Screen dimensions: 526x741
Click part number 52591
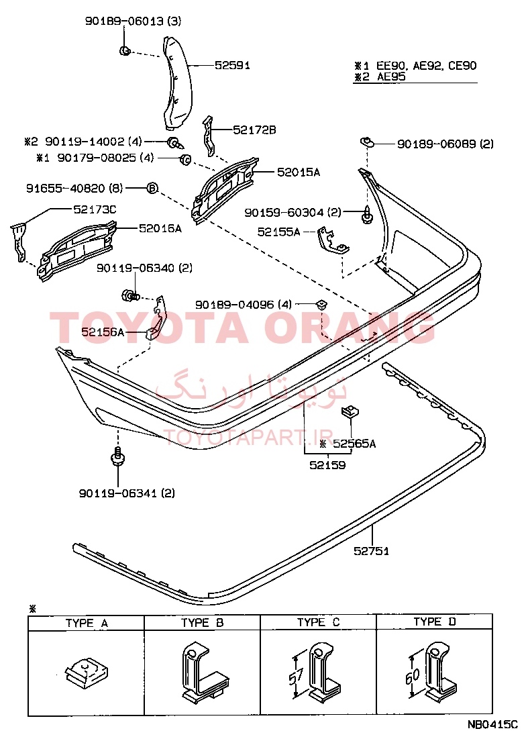coord(232,65)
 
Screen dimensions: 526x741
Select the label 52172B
coord(254,130)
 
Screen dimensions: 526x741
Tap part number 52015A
coord(299,172)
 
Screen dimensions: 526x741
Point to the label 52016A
coord(160,228)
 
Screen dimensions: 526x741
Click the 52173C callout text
coord(95,209)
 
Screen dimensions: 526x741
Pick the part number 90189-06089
coord(437,144)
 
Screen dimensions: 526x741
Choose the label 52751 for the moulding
coord(372,550)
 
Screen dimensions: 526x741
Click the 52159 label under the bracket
coord(327,465)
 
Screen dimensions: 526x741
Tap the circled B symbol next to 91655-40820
coord(152,188)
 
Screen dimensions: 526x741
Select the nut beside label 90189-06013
coord(125,50)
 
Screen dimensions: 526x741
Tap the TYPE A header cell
coord(86,623)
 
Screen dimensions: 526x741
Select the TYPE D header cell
coord(434,622)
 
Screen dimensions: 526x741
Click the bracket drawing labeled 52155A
coord(332,241)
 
